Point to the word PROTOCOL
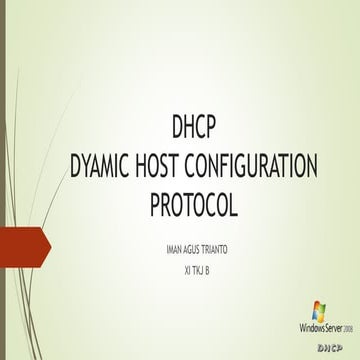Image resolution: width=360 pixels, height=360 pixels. click(195, 205)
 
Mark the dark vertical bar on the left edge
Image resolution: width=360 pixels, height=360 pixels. click(3, 180)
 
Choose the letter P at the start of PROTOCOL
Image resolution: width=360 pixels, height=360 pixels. click(156, 205)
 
